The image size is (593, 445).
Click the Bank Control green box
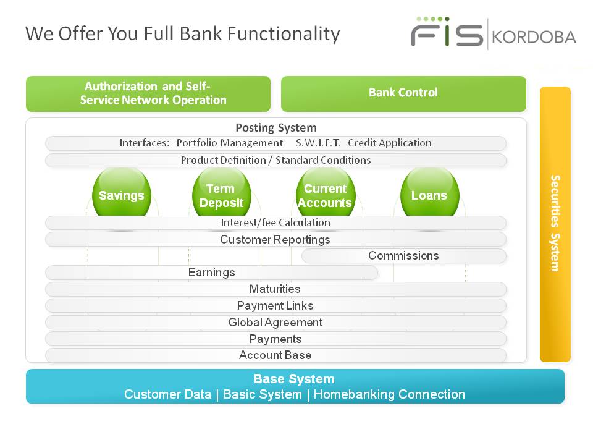click(403, 94)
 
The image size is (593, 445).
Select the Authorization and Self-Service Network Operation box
click(148, 94)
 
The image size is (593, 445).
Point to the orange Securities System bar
click(555, 224)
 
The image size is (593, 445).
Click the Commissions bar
click(404, 256)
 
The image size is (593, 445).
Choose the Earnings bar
click(211, 273)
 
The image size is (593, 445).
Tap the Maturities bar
click(275, 289)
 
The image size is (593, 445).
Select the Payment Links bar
click(275, 306)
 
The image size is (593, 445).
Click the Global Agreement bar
click(275, 323)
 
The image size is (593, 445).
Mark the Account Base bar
click(275, 355)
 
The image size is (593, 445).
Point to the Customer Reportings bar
click(275, 240)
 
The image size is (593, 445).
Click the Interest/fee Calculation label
click(275, 222)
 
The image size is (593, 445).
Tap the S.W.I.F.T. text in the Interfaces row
click(319, 143)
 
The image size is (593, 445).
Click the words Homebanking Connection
click(389, 394)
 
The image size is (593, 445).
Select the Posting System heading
click(276, 128)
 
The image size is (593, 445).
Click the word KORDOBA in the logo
click(534, 37)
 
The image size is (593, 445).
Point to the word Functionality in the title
click(284, 33)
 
